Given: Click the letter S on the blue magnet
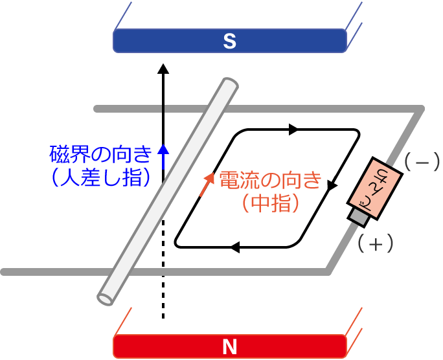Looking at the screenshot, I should pos(229,42).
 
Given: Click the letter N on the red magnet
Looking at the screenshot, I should pos(229,347).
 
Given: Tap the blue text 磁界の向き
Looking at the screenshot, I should pos(100,155).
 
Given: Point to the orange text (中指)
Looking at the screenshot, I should pos(270,203).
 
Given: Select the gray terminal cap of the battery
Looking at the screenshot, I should pos(358,216).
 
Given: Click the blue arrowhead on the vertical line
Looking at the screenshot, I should pos(163,150).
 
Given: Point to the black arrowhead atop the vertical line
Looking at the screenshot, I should pos(163,67).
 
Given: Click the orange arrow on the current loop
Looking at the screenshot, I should pos(207,183).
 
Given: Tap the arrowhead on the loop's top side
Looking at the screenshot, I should pos(293,129).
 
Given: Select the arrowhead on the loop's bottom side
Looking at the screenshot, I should pos(236,247).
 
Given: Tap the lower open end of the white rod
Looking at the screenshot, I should pos(106,297).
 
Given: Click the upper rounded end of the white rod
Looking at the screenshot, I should pos(227,85).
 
